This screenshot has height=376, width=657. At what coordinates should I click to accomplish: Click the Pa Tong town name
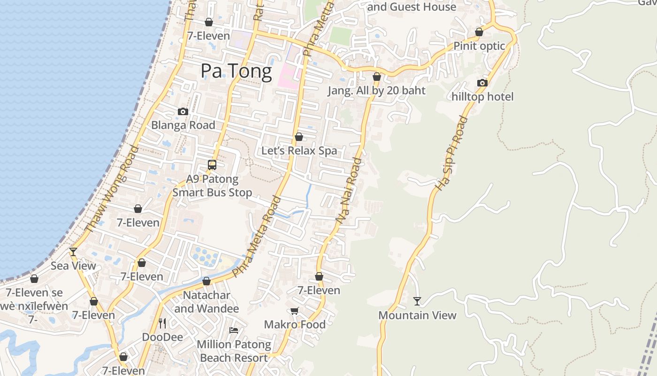pyautogui.click(x=236, y=71)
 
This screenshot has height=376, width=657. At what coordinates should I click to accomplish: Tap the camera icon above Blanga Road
pyautogui.click(x=183, y=111)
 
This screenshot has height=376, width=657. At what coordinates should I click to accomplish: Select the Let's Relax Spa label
pyautogui.click(x=299, y=151)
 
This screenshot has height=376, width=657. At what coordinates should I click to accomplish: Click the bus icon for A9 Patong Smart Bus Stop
pyautogui.click(x=212, y=165)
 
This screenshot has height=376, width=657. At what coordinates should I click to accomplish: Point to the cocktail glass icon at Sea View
pyautogui.click(x=73, y=252)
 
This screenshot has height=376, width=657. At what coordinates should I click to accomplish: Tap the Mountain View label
pyautogui.click(x=417, y=315)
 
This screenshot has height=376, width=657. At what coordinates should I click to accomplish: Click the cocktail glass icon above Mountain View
pyautogui.click(x=417, y=301)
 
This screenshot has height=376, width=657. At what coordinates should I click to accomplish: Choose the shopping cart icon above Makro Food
pyautogui.click(x=295, y=311)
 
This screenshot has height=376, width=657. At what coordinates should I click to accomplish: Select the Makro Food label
pyautogui.click(x=295, y=325)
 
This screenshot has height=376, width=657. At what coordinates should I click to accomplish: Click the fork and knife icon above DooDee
pyautogui.click(x=162, y=323)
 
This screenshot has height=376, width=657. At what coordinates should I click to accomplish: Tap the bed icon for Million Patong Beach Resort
pyautogui.click(x=234, y=330)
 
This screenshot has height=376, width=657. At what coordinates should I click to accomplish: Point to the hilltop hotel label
pyautogui.click(x=482, y=97)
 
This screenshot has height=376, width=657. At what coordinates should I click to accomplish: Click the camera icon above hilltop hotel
pyautogui.click(x=482, y=83)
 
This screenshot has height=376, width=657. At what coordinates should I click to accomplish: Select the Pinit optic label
pyautogui.click(x=479, y=46)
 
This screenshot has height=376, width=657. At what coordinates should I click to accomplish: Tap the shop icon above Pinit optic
pyautogui.click(x=479, y=32)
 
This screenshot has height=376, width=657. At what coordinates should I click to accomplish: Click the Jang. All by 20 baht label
pyautogui.click(x=376, y=91)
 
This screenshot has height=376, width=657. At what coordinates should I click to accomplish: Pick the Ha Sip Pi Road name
pyautogui.click(x=451, y=153)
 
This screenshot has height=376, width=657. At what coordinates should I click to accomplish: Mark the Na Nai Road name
pyautogui.click(x=349, y=190)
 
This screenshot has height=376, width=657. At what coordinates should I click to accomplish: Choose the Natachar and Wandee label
pyautogui.click(x=206, y=302)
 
